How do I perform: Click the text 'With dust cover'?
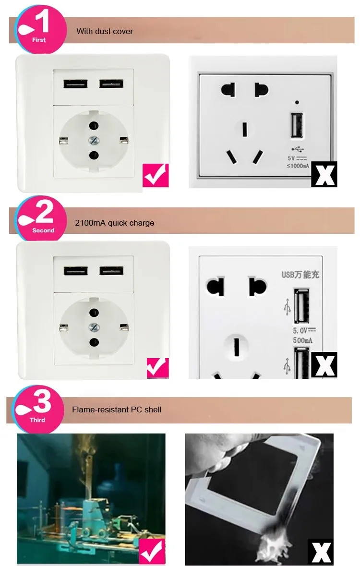(105, 31)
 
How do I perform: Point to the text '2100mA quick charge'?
(114, 223)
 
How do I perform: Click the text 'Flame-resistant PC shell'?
(117, 409)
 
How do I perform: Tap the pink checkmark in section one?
(156, 175)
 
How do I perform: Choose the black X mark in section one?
(324, 174)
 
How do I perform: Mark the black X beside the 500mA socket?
(324, 365)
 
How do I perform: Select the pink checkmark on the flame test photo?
(152, 551)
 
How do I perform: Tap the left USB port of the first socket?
(75, 83)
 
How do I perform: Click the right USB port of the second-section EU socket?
(111, 270)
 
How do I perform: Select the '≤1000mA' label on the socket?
(297, 166)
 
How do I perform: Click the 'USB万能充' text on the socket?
(300, 275)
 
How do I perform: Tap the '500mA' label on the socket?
(302, 340)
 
